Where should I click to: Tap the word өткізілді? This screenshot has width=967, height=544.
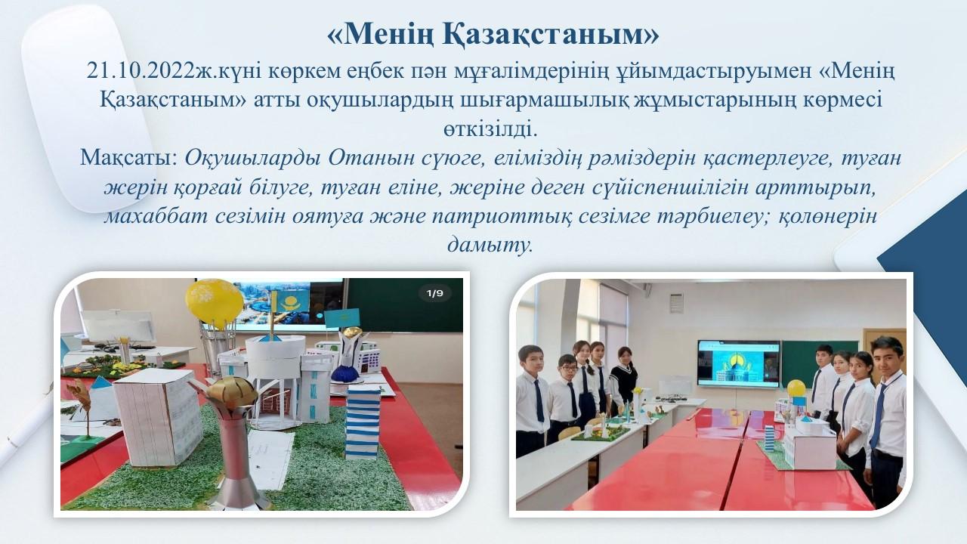coord(490,129)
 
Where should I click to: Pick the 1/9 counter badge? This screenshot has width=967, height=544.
coord(434,294)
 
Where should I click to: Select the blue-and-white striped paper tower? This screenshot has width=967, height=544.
coord(363,422)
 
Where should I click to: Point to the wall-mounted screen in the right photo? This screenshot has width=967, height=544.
coord(739,363)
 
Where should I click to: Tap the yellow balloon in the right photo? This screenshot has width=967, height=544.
coord(796,388)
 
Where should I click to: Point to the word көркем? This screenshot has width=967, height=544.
coord(304,71)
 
